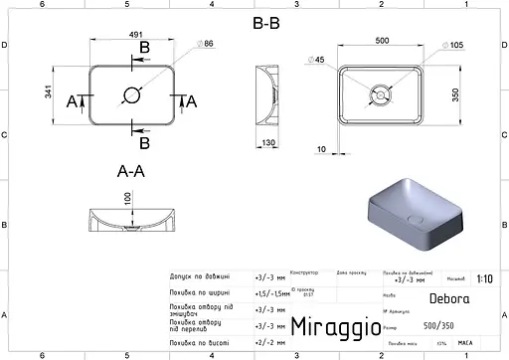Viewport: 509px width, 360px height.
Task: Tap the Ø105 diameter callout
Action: point(452,46)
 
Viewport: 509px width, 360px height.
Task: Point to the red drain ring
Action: point(379,95)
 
